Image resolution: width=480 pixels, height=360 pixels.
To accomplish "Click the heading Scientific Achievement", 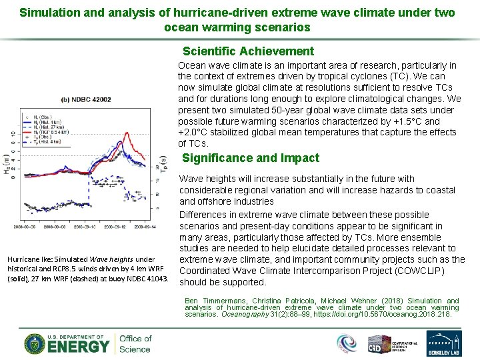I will point(248,51).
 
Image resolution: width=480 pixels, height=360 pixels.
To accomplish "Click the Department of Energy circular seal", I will point(35,343).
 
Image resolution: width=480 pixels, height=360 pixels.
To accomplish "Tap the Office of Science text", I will point(135,343).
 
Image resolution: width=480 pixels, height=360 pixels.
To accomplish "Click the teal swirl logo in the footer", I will point(347,343).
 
